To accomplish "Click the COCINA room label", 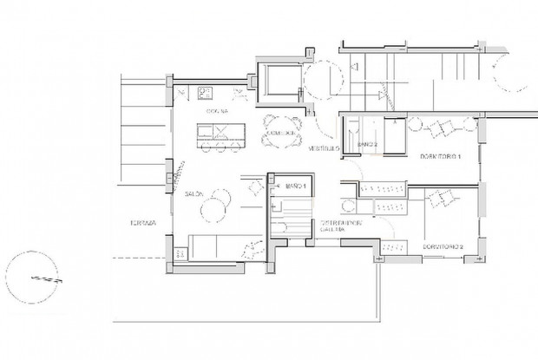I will [217, 113].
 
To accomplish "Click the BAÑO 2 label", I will [368, 144].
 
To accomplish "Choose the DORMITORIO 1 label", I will [438, 156].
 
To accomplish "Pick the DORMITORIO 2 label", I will [443, 247].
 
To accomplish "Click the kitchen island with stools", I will [222, 135].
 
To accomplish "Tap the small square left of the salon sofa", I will [181, 252].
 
